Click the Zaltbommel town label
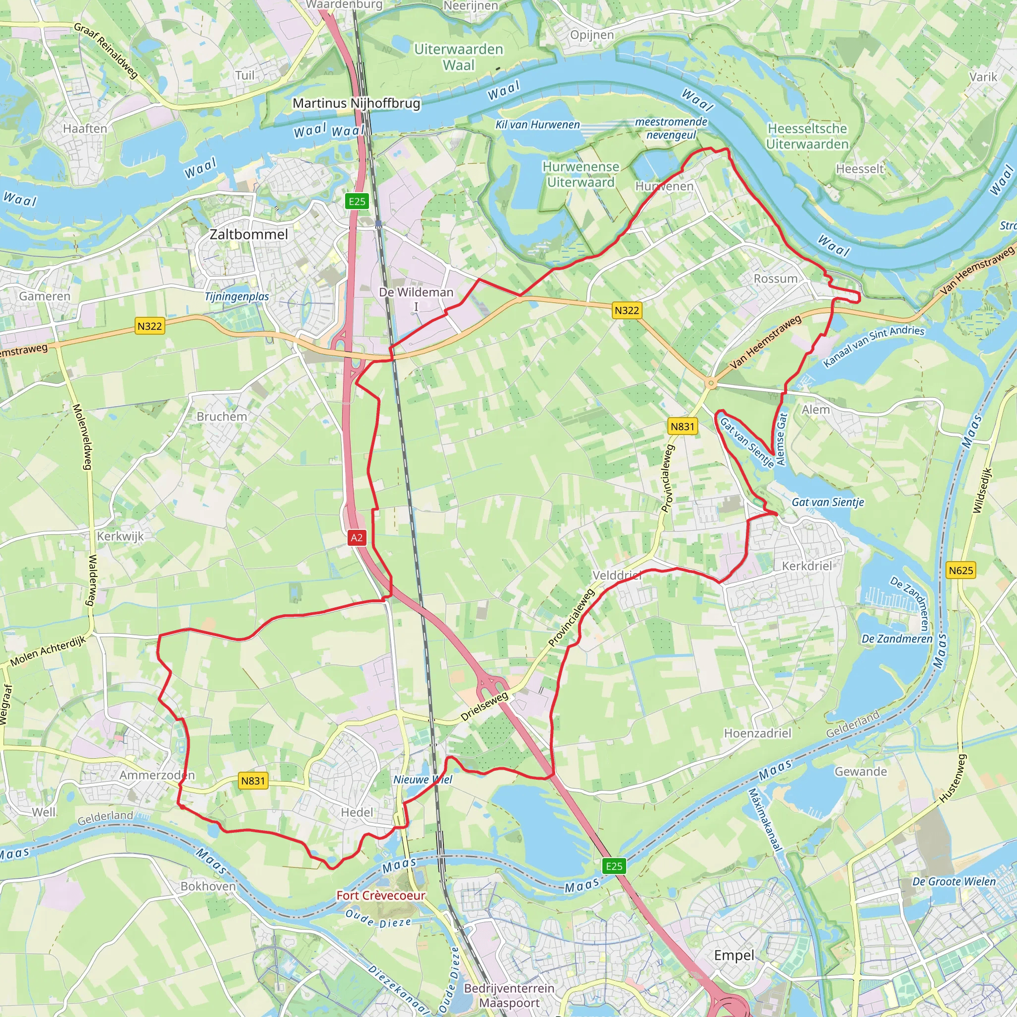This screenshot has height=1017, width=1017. [248, 234]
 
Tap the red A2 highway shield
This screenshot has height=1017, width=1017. [357, 537]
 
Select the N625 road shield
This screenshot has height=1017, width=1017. [961, 570]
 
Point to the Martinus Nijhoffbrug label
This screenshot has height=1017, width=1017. [357, 103]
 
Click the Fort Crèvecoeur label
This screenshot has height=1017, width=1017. [380, 895]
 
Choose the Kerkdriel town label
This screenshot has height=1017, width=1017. [807, 566]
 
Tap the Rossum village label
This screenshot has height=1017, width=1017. [775, 279]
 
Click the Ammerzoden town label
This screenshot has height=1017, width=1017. [157, 775]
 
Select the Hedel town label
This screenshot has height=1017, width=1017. [357, 812]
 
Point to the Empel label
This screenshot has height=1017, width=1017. [734, 955]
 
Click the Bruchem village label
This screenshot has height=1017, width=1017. [221, 416]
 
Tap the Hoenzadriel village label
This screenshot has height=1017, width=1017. [757, 733]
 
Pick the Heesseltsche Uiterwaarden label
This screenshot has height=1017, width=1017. [807, 137]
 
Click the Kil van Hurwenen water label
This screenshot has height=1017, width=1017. [537, 125]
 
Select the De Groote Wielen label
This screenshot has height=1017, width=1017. [954, 882]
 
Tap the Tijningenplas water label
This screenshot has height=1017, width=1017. [237, 297]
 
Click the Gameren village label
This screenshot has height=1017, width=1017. [45, 296]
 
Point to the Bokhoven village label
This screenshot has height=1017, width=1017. [208, 886]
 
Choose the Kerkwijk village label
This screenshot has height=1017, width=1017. [120, 536]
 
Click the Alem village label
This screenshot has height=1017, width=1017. [815, 410]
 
